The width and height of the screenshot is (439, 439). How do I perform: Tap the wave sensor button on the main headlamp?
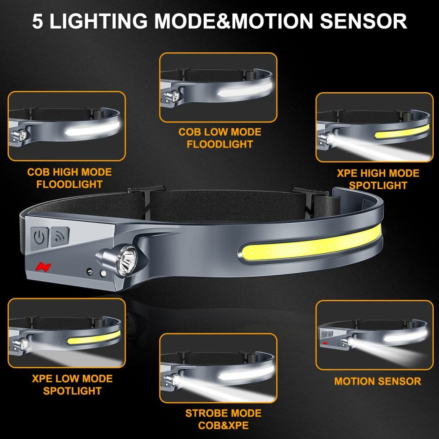(60, 236)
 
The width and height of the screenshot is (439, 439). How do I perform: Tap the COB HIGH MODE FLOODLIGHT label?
(69, 178)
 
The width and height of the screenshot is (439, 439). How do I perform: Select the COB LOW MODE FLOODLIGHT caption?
(219, 138)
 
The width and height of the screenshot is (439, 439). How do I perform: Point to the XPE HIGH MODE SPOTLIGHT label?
(378, 179)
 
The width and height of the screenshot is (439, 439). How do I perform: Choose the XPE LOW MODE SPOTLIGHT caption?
(72, 385)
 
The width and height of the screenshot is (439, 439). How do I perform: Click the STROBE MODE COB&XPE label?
(223, 419)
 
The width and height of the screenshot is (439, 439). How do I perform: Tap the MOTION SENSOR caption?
(378, 381)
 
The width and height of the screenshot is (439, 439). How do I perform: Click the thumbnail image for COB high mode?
(67, 126)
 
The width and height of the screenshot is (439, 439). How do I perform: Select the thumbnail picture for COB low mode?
(218, 87)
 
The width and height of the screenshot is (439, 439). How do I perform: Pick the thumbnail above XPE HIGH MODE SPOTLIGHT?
(374, 127)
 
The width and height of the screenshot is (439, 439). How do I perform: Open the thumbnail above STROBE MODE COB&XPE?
(218, 368)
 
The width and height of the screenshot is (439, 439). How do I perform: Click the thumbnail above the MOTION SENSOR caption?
(374, 335)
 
